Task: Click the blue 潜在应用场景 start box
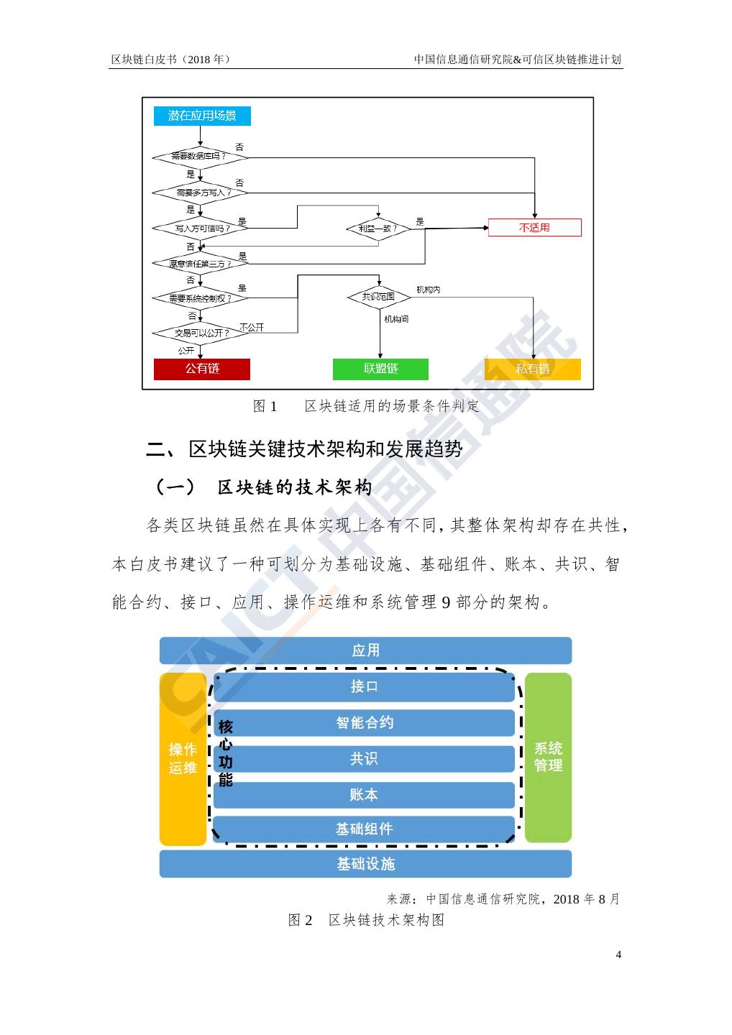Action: (x=202, y=116)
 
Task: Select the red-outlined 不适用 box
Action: (x=534, y=228)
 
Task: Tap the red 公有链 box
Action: (x=202, y=369)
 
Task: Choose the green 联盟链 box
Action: (x=380, y=369)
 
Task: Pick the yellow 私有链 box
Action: (x=533, y=369)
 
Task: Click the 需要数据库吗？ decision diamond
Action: (x=199, y=156)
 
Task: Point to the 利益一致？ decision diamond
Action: (x=378, y=229)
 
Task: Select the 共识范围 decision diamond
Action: (x=379, y=296)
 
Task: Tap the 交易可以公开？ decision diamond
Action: (x=201, y=333)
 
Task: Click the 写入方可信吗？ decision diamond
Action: (x=201, y=229)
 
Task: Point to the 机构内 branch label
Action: (x=429, y=290)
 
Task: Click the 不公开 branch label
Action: (x=252, y=327)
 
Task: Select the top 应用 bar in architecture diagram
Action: (x=365, y=650)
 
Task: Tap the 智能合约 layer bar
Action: (x=365, y=722)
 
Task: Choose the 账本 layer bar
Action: (x=364, y=794)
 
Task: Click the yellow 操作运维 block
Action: (x=183, y=758)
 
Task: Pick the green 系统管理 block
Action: (x=548, y=757)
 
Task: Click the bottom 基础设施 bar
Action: (x=365, y=864)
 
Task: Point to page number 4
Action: (x=618, y=954)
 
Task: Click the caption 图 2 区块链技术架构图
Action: (x=366, y=920)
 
